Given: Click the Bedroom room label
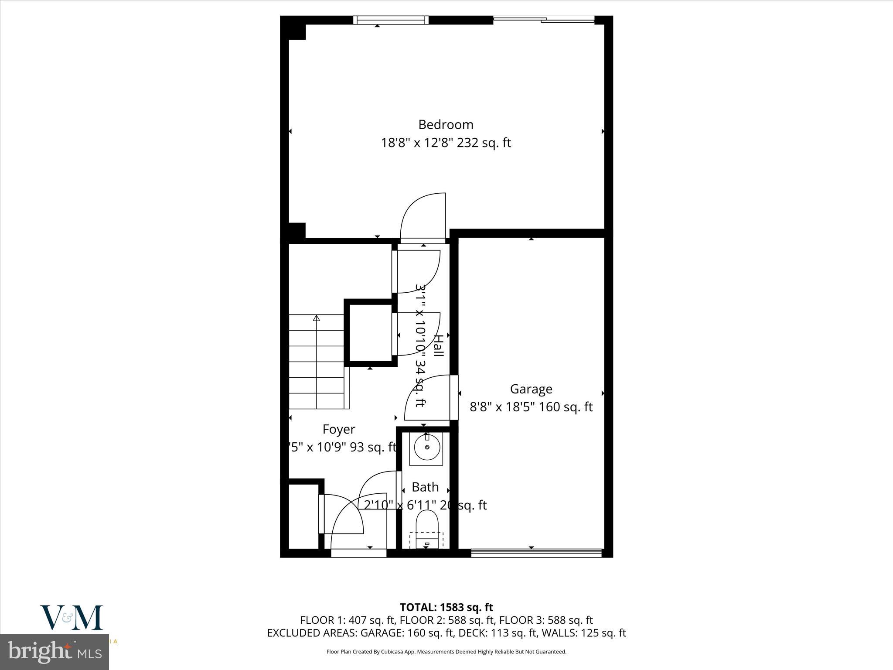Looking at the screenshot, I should tap(446, 125).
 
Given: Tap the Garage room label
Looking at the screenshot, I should tap(531, 389).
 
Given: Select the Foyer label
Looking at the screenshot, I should tap(339, 429).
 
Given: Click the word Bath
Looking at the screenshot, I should tap(425, 487).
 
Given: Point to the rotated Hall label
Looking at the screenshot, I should tap(438, 345).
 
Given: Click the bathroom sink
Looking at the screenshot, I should tap(426, 447).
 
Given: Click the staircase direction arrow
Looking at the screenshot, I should tap(317, 319).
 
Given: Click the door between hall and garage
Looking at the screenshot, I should tap(454, 397).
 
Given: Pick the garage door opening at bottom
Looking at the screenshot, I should tap(536, 553).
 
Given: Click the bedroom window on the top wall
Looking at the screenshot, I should tap(391, 20).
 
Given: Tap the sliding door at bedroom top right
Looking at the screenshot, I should tap(544, 20).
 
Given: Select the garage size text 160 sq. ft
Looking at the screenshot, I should tap(566, 407).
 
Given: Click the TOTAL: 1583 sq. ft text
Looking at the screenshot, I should tap(446, 607).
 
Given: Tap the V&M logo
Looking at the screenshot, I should tap(72, 618).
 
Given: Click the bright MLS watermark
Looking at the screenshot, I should tap(55, 652).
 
